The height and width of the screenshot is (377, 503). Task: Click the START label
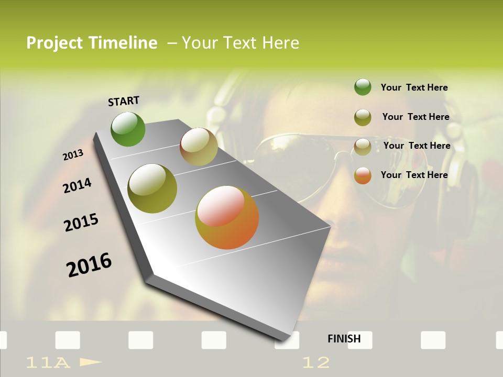(x=124, y=101)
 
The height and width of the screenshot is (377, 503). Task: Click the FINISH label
(x=344, y=339)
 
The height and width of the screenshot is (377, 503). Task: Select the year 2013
(x=73, y=155)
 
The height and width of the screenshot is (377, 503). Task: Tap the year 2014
(x=77, y=185)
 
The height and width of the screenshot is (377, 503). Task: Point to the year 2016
(x=89, y=264)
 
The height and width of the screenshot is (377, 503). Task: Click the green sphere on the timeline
(x=128, y=129)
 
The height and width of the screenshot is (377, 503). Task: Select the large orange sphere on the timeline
(x=227, y=217)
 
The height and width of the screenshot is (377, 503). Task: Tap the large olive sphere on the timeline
(x=152, y=188)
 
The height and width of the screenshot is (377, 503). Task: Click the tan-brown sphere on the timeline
(x=199, y=147)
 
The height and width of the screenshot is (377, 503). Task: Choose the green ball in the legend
(x=363, y=87)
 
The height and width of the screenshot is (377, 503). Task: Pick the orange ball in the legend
(x=363, y=175)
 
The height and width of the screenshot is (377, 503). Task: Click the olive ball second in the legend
(x=363, y=117)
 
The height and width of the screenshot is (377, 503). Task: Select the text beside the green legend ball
(x=414, y=87)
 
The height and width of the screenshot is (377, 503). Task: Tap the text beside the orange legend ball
(x=414, y=175)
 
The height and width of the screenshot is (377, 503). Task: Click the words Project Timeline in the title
(x=92, y=43)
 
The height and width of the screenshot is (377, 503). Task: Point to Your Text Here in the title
(x=240, y=43)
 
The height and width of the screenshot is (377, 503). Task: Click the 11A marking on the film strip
(x=48, y=362)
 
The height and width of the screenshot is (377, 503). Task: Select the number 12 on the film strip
(x=316, y=362)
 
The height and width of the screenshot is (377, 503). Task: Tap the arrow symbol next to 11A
(x=90, y=362)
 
